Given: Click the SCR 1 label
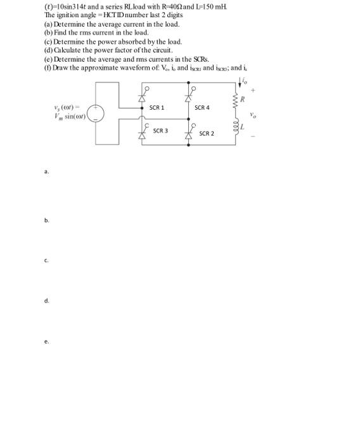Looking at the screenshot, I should tap(157, 108).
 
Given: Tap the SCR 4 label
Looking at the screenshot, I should tap(202, 108).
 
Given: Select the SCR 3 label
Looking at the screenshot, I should tap(160, 131).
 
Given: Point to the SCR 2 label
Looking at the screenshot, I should tap(207, 134).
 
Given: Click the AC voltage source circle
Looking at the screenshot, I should tap(96, 113).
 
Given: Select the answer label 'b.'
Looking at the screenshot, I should tap(46, 220).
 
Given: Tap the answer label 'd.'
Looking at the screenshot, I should tap(46, 301).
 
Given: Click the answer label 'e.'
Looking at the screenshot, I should tap(46, 341).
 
